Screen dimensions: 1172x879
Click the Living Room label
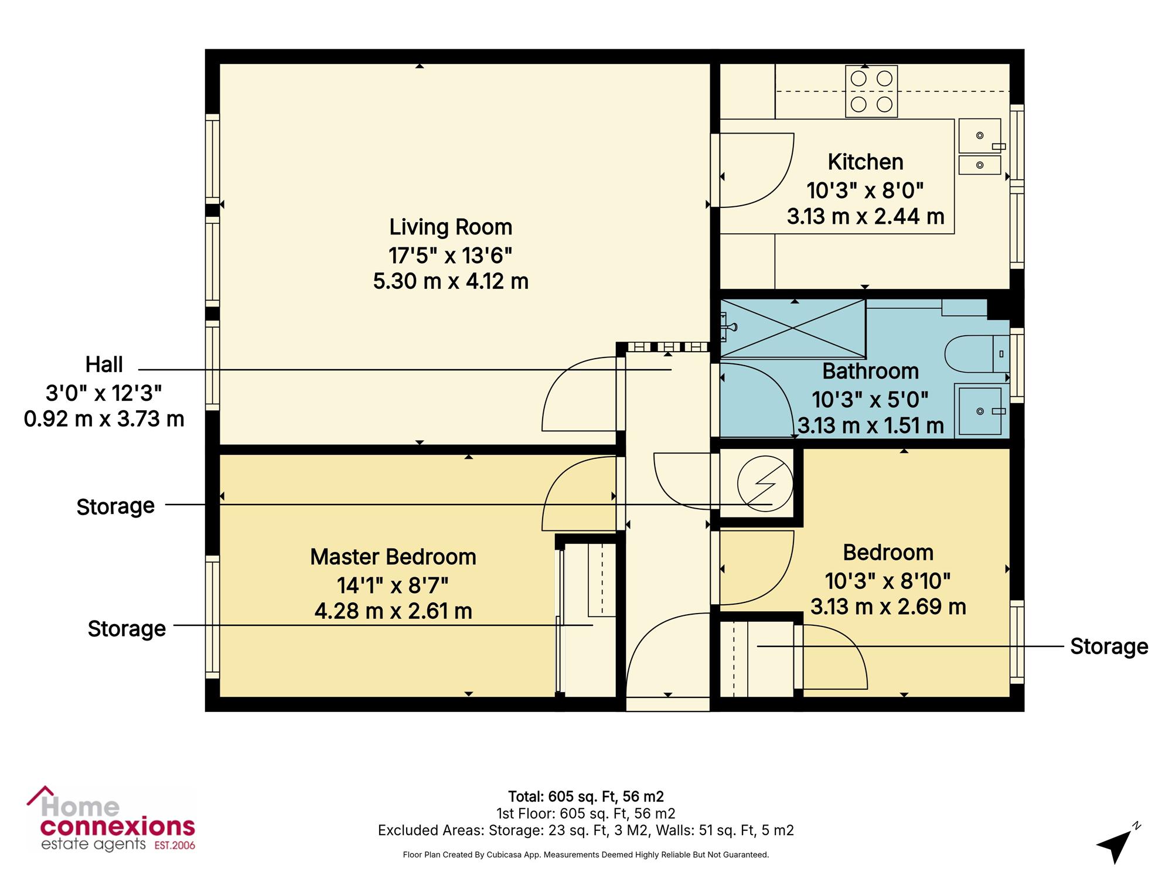(451, 227)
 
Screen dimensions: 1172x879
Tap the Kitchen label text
(866, 162)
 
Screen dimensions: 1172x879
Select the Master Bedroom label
(393, 557)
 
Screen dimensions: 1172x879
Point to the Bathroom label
(870, 371)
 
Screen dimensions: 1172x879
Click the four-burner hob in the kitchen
(871, 91)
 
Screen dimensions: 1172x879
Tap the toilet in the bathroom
(976, 354)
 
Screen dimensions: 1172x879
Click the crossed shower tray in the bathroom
(793, 328)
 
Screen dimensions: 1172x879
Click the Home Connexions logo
(111, 819)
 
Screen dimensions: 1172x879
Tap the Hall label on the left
(104, 364)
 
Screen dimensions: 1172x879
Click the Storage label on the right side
(1109, 646)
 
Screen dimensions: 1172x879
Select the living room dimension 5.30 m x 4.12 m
(451, 281)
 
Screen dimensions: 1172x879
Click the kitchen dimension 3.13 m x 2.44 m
(866, 217)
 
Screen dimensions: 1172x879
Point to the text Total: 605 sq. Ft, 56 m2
(586, 796)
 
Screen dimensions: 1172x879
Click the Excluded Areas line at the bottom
(586, 830)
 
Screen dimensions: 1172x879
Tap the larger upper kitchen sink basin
(980, 136)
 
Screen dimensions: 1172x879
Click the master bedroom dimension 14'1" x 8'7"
(393, 585)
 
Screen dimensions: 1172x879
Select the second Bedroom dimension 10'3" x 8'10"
(888, 581)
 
